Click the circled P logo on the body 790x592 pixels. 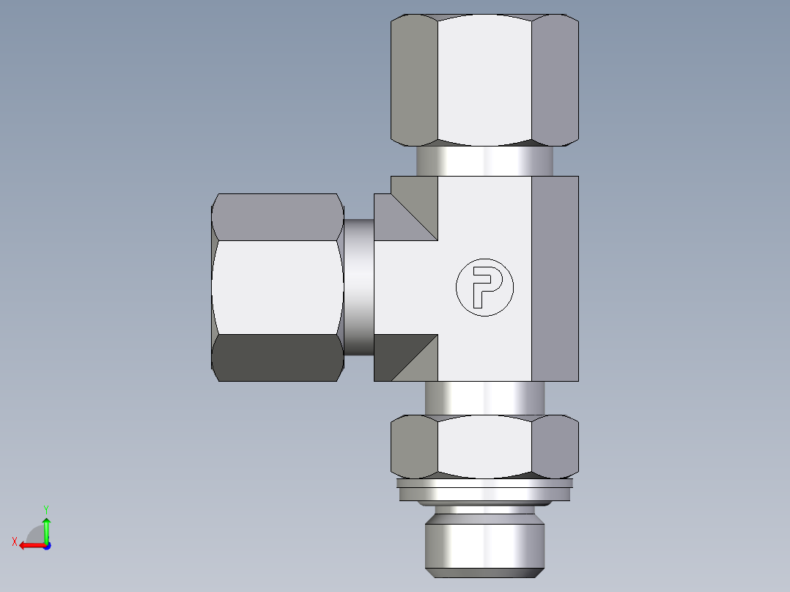point(484,287)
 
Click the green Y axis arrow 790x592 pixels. point(46,526)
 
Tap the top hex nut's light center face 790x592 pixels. point(484,79)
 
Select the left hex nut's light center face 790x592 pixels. point(277,286)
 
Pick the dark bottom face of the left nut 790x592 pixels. point(278,358)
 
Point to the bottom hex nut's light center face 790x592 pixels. point(484,446)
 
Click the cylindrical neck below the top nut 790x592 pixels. point(484,160)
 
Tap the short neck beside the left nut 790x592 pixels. point(359,286)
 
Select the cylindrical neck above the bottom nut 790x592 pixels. point(484,398)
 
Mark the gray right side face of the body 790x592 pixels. point(555,278)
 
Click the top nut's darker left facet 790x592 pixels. point(414,79)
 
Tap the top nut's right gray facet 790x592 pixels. point(555,79)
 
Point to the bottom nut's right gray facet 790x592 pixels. point(555,446)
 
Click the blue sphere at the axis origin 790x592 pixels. point(46,546)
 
